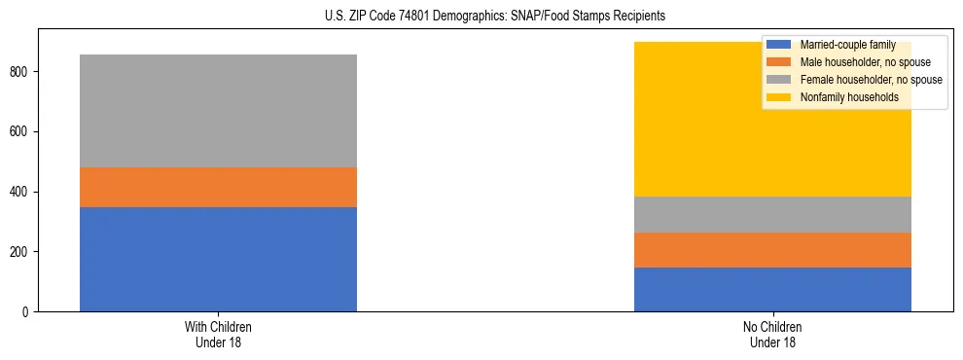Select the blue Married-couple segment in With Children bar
tap(218, 259)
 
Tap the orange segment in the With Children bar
tap(218, 187)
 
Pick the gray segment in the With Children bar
tap(218, 111)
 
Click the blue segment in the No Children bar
tap(772, 289)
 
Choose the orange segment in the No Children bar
tap(772, 250)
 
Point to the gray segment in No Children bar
tap(772, 214)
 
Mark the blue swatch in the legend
tap(779, 45)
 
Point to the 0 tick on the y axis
tap(29, 311)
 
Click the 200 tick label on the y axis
tap(23, 252)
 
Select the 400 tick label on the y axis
tap(23, 192)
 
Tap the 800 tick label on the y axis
tap(23, 72)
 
